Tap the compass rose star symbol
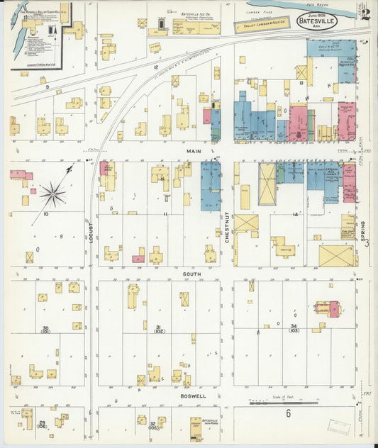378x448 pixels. [x=52, y=192]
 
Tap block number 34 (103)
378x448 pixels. [x=293, y=328]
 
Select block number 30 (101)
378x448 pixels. [x=45, y=329]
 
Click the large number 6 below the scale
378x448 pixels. [x=288, y=413]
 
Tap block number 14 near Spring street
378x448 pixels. [x=295, y=213]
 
